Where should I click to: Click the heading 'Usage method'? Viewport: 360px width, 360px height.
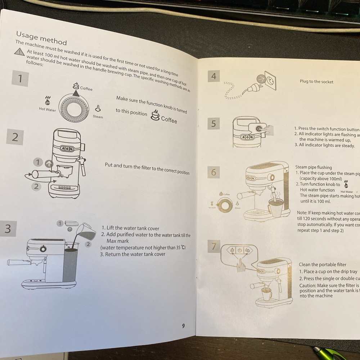(x=41, y=37)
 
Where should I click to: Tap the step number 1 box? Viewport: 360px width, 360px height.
(x=21, y=78)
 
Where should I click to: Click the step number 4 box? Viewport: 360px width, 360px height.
(x=214, y=76)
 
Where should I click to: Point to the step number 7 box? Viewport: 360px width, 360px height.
(x=214, y=247)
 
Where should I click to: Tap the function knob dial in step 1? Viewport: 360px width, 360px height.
(x=75, y=107)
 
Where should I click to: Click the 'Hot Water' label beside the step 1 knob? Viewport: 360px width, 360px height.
(x=48, y=109)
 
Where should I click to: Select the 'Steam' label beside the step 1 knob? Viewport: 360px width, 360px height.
(x=98, y=117)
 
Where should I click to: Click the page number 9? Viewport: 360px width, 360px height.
(x=183, y=326)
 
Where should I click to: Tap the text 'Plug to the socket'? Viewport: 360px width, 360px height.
(x=316, y=82)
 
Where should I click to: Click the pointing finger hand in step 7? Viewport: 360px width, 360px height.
(x=240, y=266)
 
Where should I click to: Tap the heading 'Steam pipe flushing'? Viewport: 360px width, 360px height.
(x=313, y=167)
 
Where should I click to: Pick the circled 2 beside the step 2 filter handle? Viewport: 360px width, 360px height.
(x=35, y=186)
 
